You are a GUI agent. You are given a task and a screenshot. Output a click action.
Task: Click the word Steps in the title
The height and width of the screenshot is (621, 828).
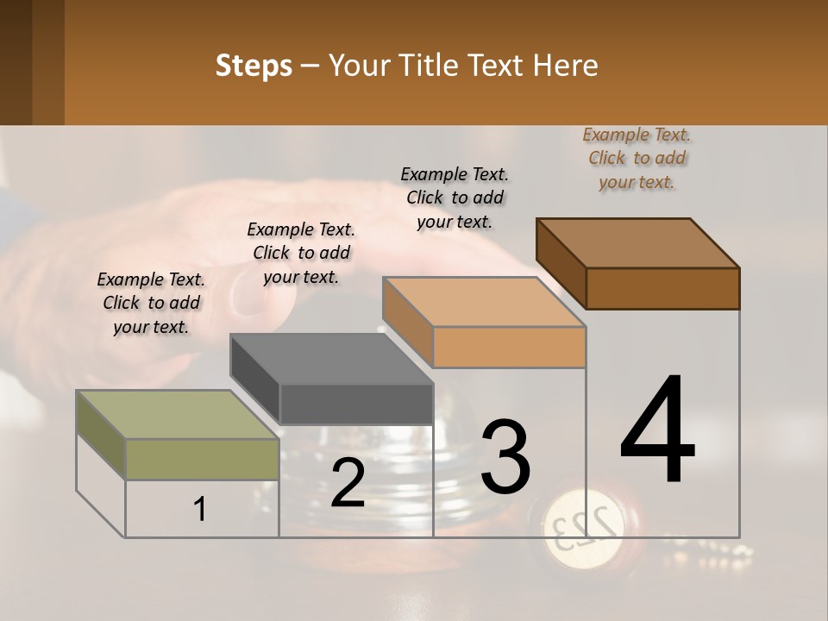[254, 66]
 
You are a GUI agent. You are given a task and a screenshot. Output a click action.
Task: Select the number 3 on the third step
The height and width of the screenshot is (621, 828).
[505, 457]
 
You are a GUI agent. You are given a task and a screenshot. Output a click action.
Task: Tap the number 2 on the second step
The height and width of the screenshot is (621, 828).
[348, 483]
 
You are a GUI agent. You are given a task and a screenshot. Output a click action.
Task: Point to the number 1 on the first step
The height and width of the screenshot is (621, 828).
[200, 509]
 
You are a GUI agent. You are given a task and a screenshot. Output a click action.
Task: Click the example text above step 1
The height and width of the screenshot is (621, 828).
[151, 303]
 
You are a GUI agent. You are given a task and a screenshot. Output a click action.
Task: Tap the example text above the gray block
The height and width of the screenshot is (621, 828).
[301, 253]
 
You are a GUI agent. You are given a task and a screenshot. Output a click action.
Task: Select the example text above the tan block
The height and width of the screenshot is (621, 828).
[455, 198]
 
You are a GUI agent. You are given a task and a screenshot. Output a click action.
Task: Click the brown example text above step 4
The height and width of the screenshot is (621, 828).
[637, 158]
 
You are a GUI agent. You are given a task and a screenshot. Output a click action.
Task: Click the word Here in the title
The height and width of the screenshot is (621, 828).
[563, 66]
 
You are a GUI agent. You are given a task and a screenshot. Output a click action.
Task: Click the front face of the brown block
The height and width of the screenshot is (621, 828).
[662, 288]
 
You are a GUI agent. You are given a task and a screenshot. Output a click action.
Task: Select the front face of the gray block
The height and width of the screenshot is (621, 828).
[356, 404]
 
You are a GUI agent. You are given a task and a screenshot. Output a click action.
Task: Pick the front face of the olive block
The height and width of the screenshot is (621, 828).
[202, 459]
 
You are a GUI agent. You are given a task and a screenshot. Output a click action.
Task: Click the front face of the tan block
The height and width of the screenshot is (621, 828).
[509, 348]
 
